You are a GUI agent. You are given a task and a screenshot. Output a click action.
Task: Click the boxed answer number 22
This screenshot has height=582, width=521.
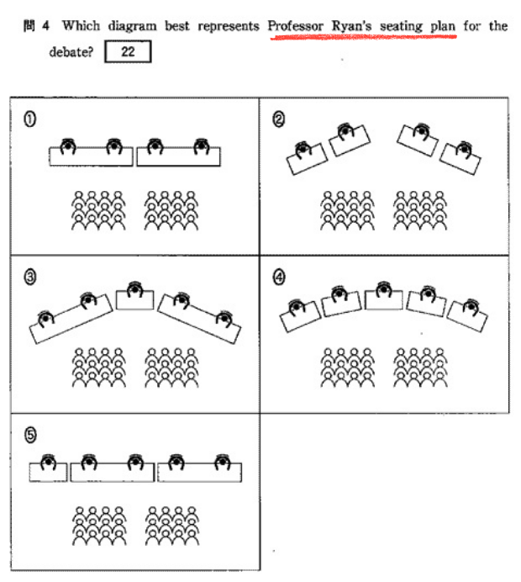(128, 52)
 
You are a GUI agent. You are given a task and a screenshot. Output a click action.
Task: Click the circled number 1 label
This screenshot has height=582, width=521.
(29, 119)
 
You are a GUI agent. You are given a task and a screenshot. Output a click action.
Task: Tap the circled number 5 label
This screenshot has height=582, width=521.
(29, 435)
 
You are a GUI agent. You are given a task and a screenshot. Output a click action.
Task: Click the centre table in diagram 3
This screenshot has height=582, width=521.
(134, 298)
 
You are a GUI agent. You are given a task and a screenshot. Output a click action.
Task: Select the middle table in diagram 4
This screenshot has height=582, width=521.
(384, 299)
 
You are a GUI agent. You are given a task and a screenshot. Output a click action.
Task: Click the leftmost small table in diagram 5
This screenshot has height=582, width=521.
(48, 470)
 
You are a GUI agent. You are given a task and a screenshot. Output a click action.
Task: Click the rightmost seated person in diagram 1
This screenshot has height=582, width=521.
(201, 147)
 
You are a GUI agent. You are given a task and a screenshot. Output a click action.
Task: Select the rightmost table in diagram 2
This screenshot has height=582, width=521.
(461, 157)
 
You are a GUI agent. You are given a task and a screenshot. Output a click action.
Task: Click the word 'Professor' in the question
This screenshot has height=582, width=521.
(295, 26)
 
